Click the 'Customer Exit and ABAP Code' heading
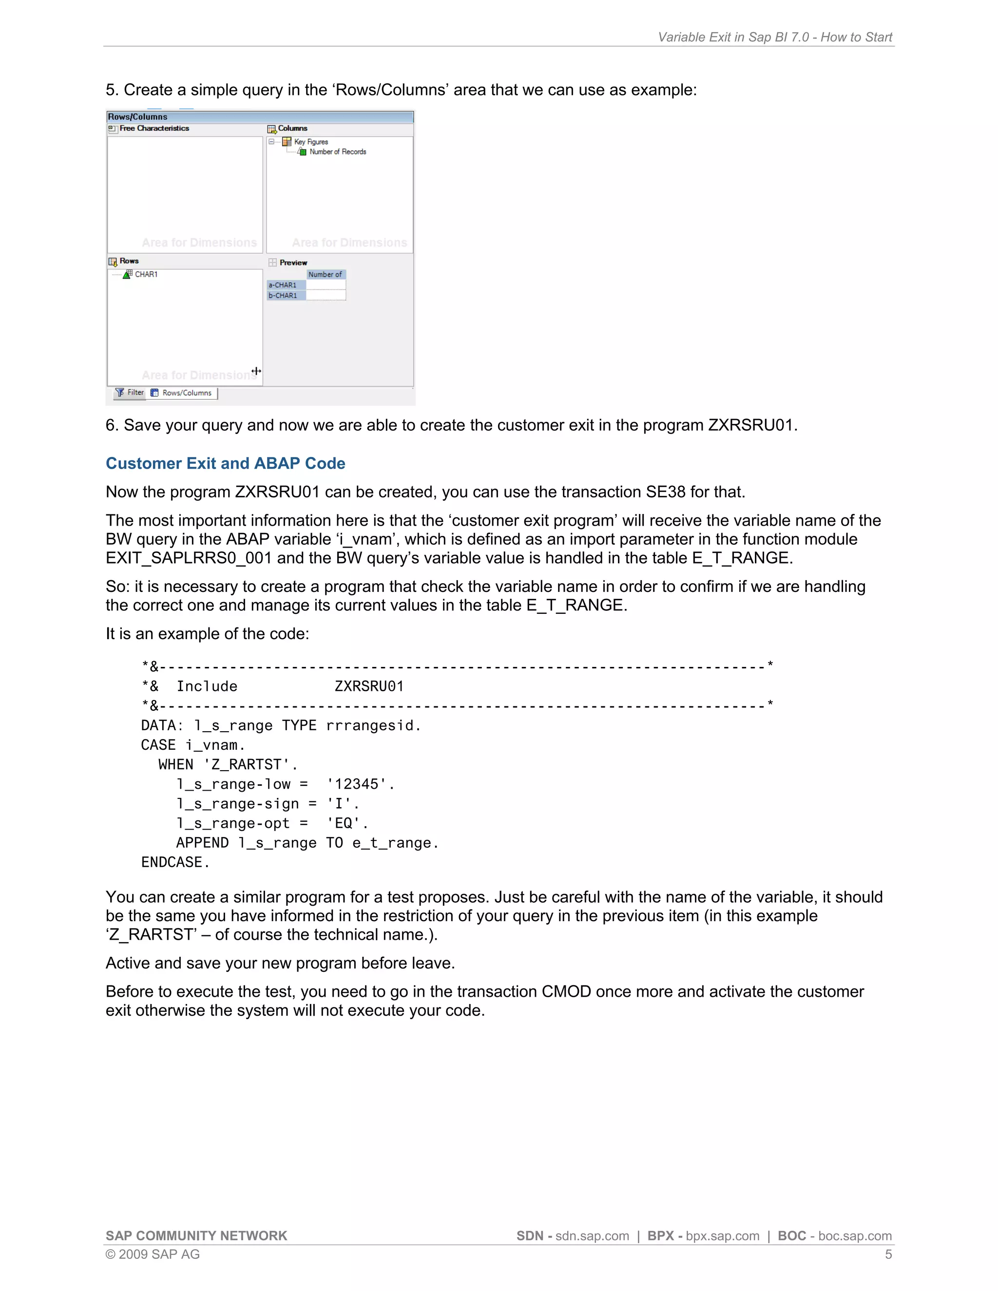pos(225,463)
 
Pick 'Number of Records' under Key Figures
pos(338,152)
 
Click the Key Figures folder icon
pos(287,141)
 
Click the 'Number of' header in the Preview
pos(325,274)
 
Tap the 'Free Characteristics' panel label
pos(154,128)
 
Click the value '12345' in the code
pos(357,784)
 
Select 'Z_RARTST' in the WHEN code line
pos(247,765)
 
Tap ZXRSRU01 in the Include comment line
pos(369,686)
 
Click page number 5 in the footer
pos(888,1254)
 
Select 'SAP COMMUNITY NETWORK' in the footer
pos(196,1235)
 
